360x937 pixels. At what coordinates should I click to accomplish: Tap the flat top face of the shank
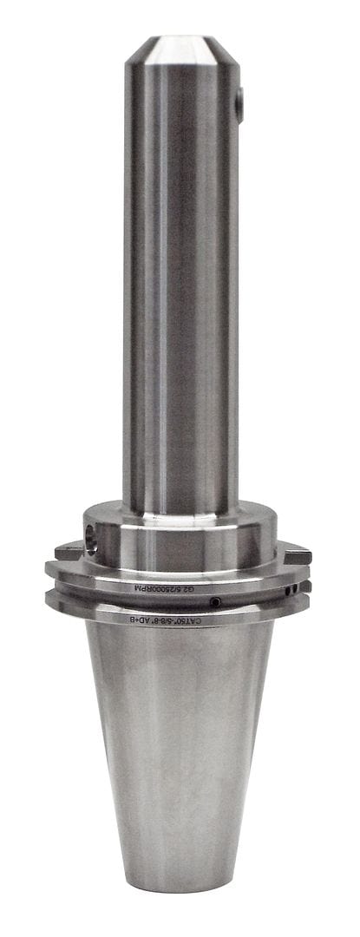(x=180, y=40)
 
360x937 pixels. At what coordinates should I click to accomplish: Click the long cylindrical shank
(x=180, y=286)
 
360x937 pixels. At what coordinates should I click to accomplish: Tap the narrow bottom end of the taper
(x=180, y=881)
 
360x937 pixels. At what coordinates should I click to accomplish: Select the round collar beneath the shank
(x=180, y=534)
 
